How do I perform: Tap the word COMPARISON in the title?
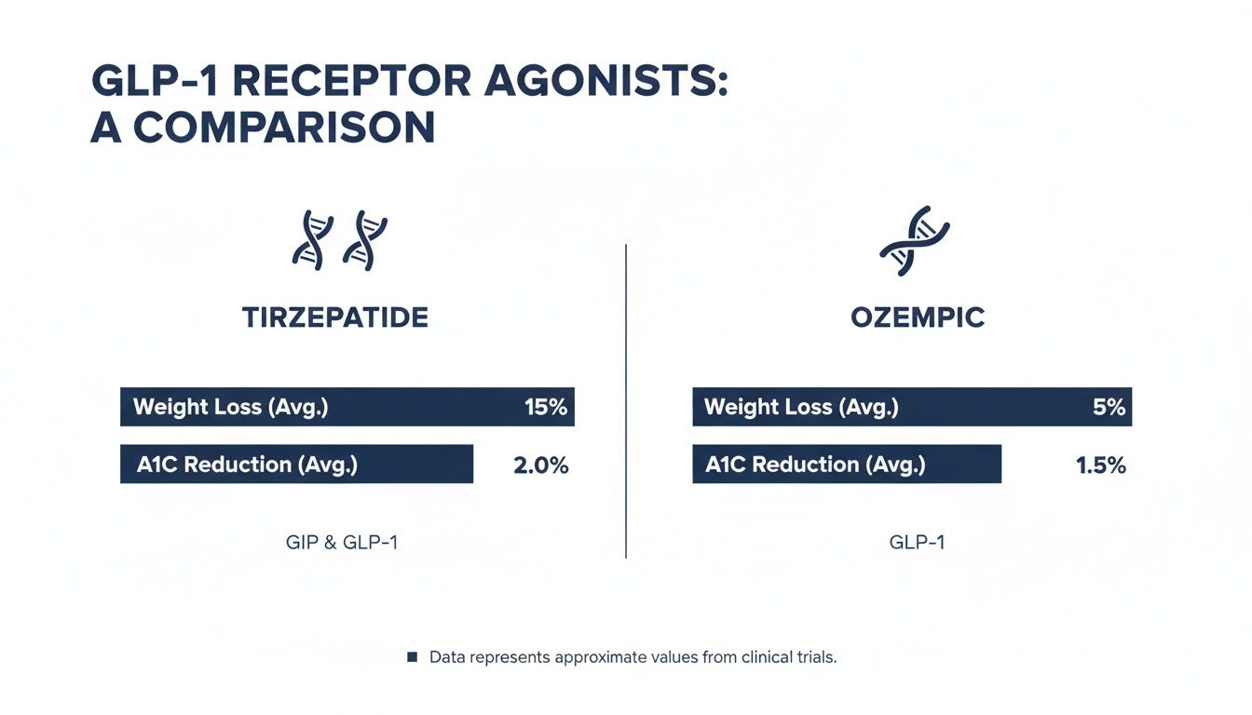pyautogui.click(x=284, y=128)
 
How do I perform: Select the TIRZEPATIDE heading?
pyautogui.click(x=335, y=317)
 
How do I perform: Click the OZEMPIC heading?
pyautogui.click(x=918, y=317)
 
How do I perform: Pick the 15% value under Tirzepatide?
pyautogui.click(x=545, y=407)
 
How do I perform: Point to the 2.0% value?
pyautogui.click(x=540, y=465)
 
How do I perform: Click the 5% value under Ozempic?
pyautogui.click(x=1109, y=407)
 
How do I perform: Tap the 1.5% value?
pyautogui.click(x=1100, y=465)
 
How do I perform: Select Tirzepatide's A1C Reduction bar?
pyautogui.click(x=296, y=464)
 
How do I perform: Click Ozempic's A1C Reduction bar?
pyautogui.click(x=846, y=464)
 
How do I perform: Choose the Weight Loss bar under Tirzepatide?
pyautogui.click(x=347, y=407)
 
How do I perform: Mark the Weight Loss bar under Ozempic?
pyautogui.click(x=911, y=407)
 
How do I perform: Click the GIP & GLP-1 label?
pyautogui.click(x=342, y=542)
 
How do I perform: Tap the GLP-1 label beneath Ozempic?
pyautogui.click(x=917, y=542)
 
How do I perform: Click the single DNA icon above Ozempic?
pyautogui.click(x=915, y=241)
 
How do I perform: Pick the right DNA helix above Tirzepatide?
pyautogui.click(x=364, y=240)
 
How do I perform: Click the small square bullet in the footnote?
pyautogui.click(x=412, y=657)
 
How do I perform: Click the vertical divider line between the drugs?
pyautogui.click(x=626, y=400)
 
